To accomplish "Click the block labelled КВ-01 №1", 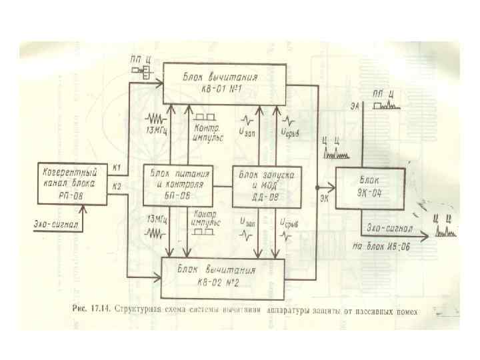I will pos(224,83).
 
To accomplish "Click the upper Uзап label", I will pos(247,131).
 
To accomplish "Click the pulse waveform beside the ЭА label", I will pos(385,104).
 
